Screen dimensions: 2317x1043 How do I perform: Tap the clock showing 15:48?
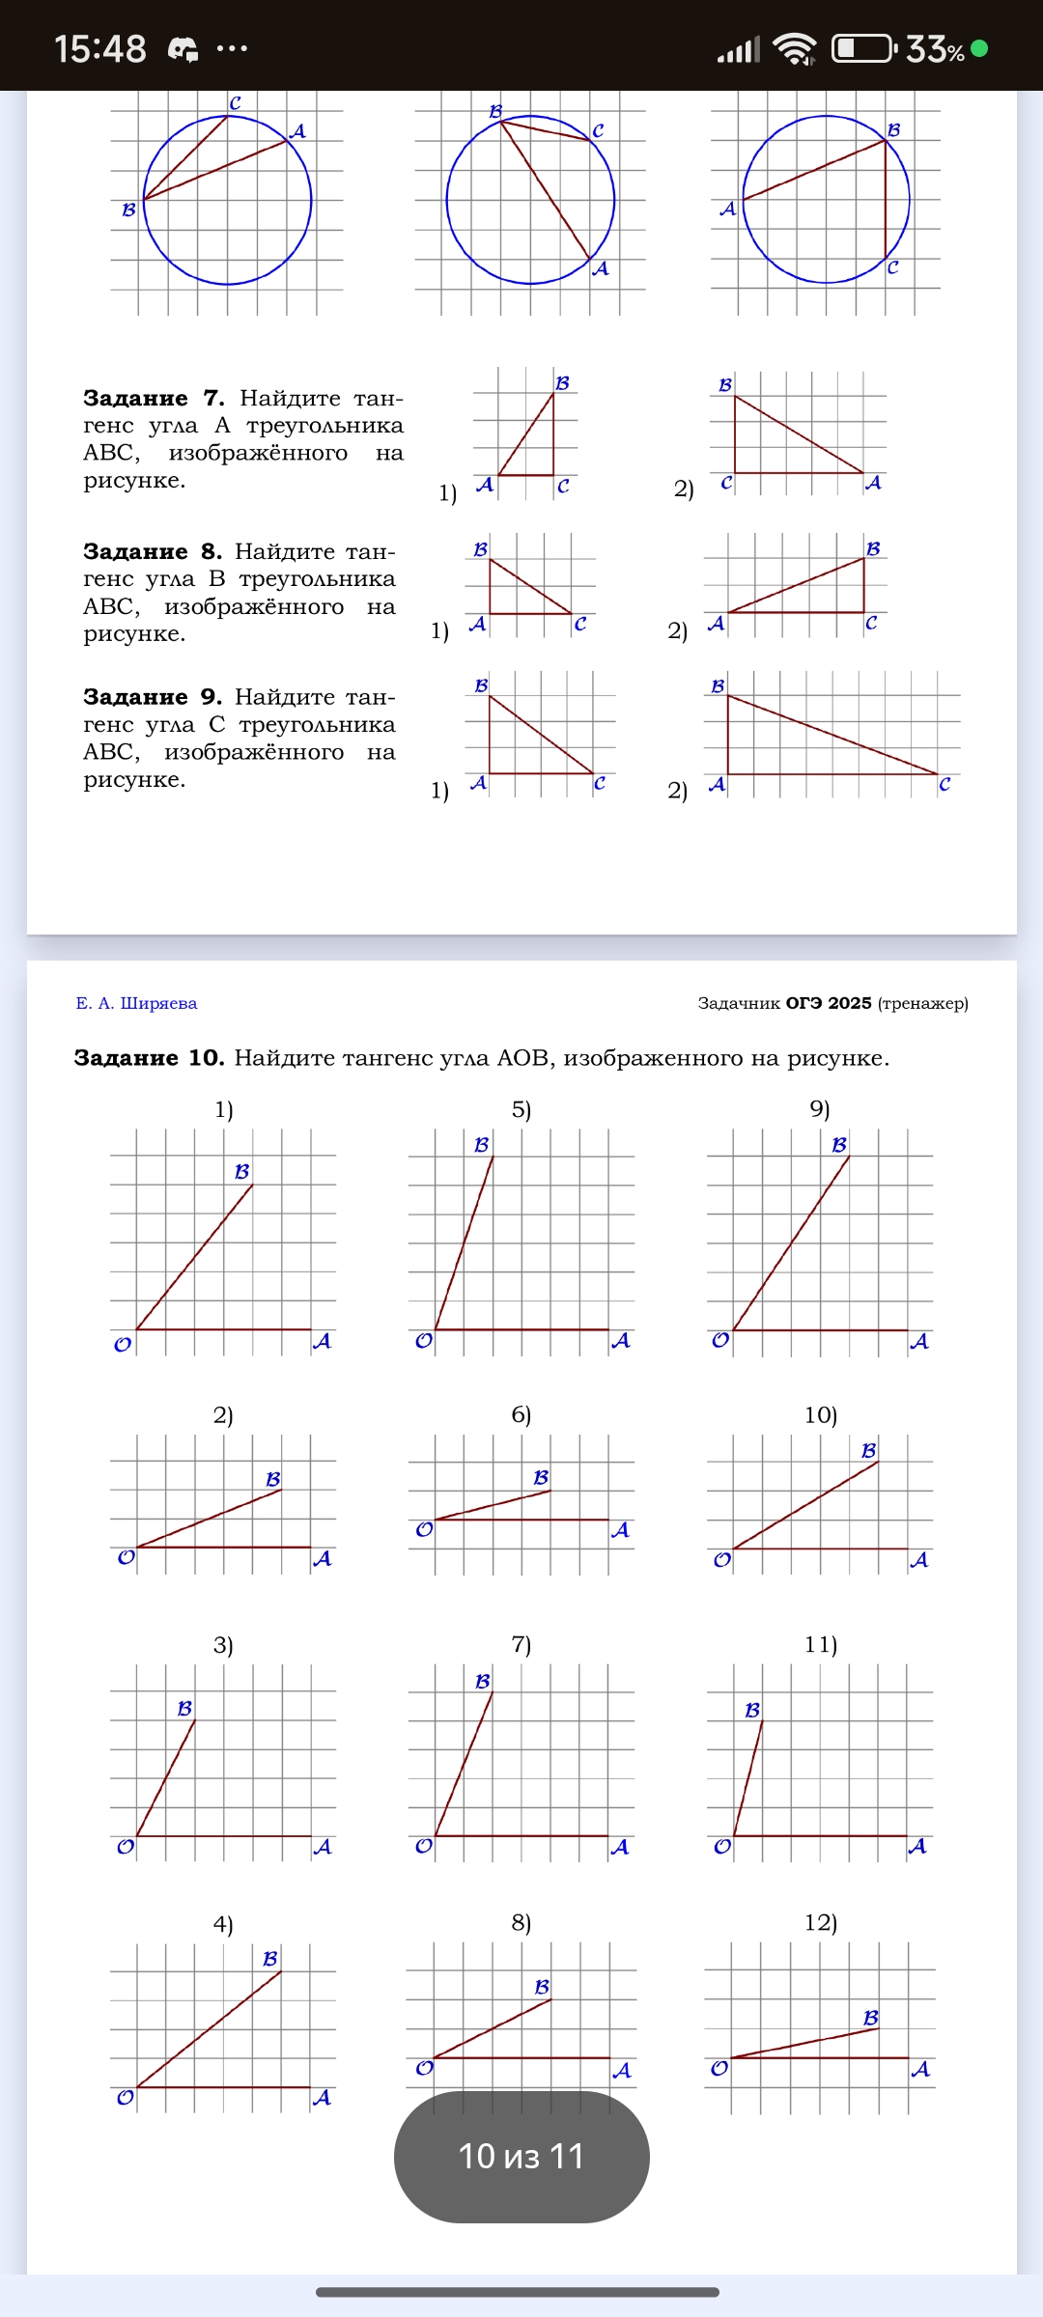click(x=100, y=48)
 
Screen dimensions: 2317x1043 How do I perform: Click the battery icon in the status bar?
click(x=863, y=47)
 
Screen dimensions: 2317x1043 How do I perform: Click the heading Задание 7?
click(x=154, y=398)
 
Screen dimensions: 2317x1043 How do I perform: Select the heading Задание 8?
click(x=153, y=551)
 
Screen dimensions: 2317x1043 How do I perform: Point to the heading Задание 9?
click(x=153, y=696)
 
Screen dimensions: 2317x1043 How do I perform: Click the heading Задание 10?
click(x=149, y=1057)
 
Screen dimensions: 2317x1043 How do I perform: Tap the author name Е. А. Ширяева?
click(x=136, y=1003)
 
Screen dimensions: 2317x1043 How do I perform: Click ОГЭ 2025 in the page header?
click(x=828, y=1003)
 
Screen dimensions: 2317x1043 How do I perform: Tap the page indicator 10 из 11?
click(x=521, y=2156)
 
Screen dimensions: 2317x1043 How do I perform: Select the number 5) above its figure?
click(x=521, y=1109)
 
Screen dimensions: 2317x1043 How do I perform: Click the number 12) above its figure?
click(x=820, y=1922)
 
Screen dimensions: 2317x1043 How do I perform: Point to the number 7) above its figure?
click(x=521, y=1644)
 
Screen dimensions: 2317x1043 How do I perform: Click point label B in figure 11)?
click(x=752, y=1710)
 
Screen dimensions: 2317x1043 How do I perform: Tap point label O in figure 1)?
click(x=123, y=1344)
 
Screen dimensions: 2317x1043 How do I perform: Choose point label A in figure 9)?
click(x=919, y=1341)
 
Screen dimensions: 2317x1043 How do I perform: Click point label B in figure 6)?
click(x=541, y=1477)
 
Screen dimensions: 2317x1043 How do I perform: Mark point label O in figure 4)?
click(x=126, y=2098)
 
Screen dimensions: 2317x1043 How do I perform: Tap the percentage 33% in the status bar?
click(x=935, y=48)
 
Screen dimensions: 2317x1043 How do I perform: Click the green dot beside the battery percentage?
click(x=979, y=47)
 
